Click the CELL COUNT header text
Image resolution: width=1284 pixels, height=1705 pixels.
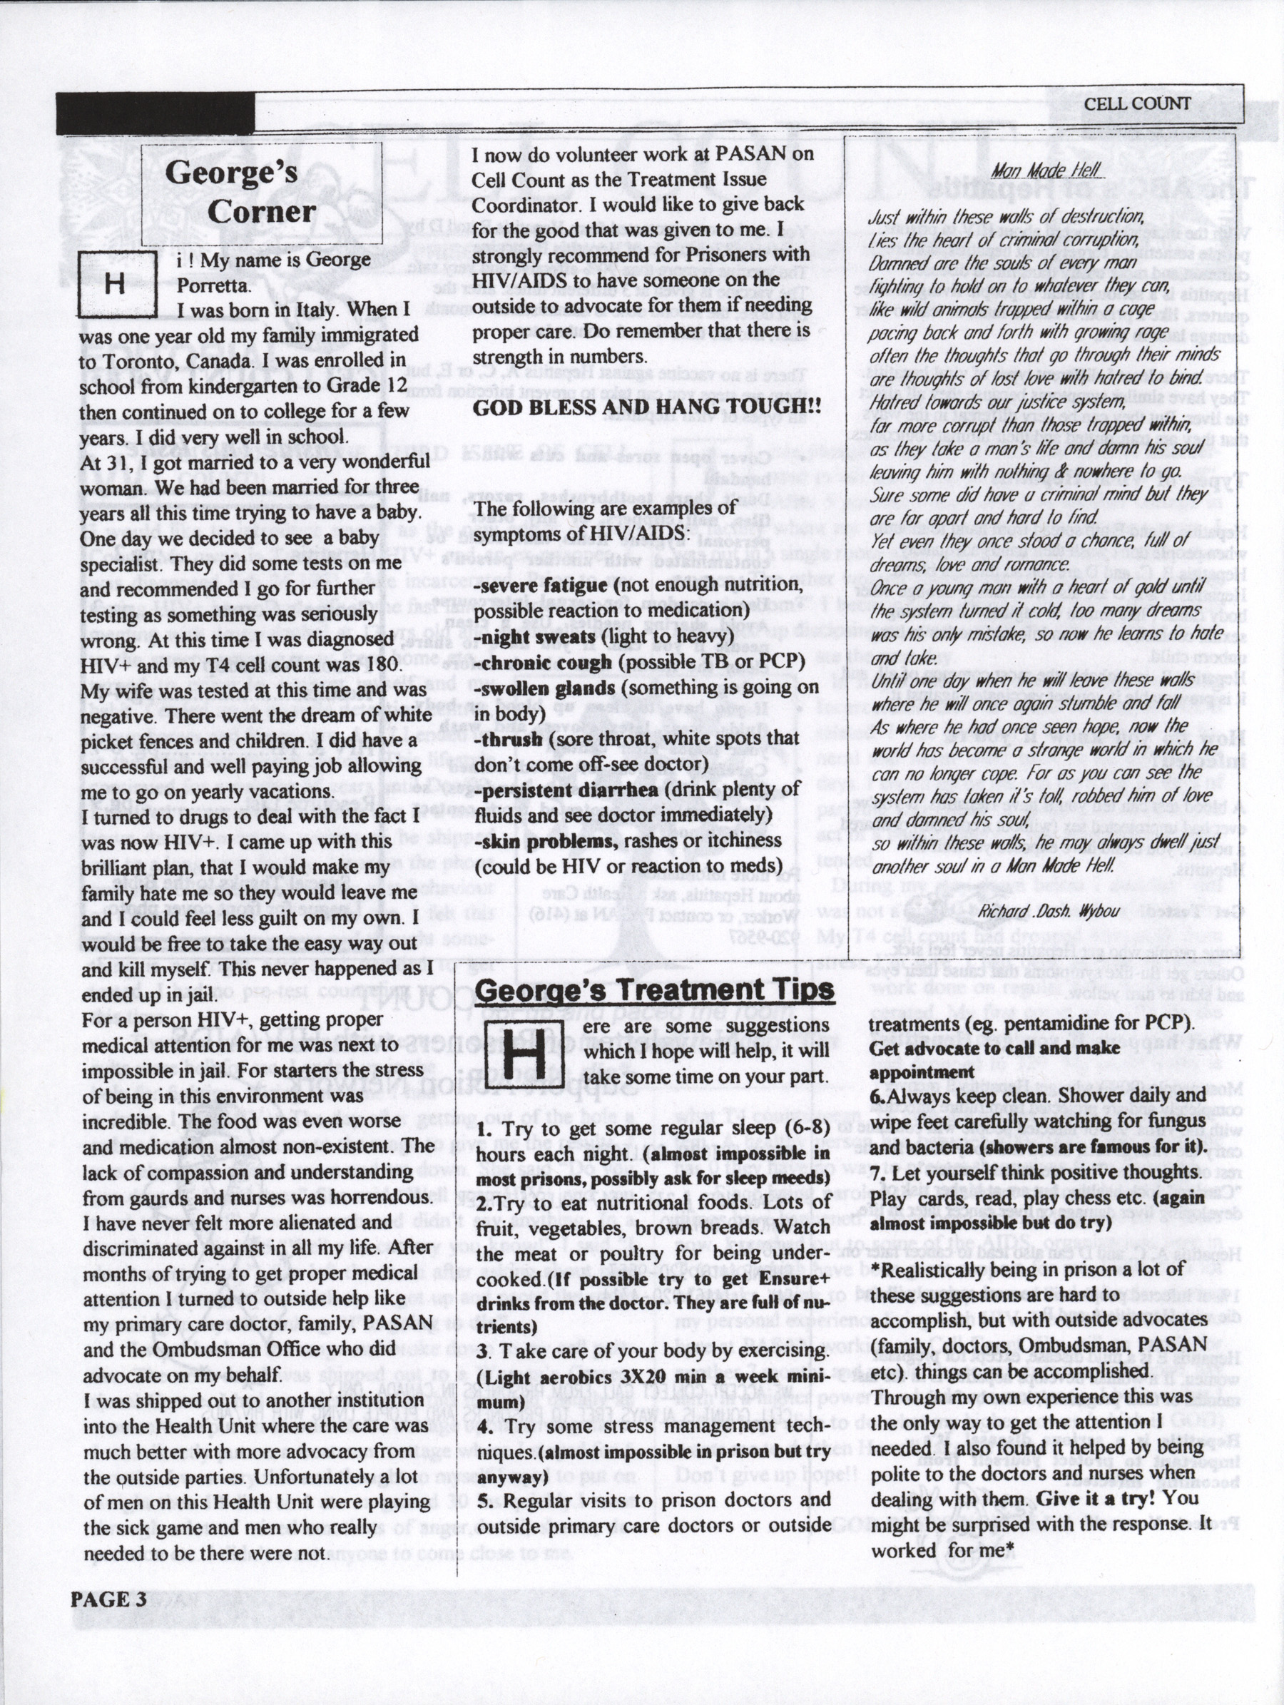pos(1137,103)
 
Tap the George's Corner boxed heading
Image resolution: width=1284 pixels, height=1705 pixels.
pos(231,192)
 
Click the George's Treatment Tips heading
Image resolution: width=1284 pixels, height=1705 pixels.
pos(655,989)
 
